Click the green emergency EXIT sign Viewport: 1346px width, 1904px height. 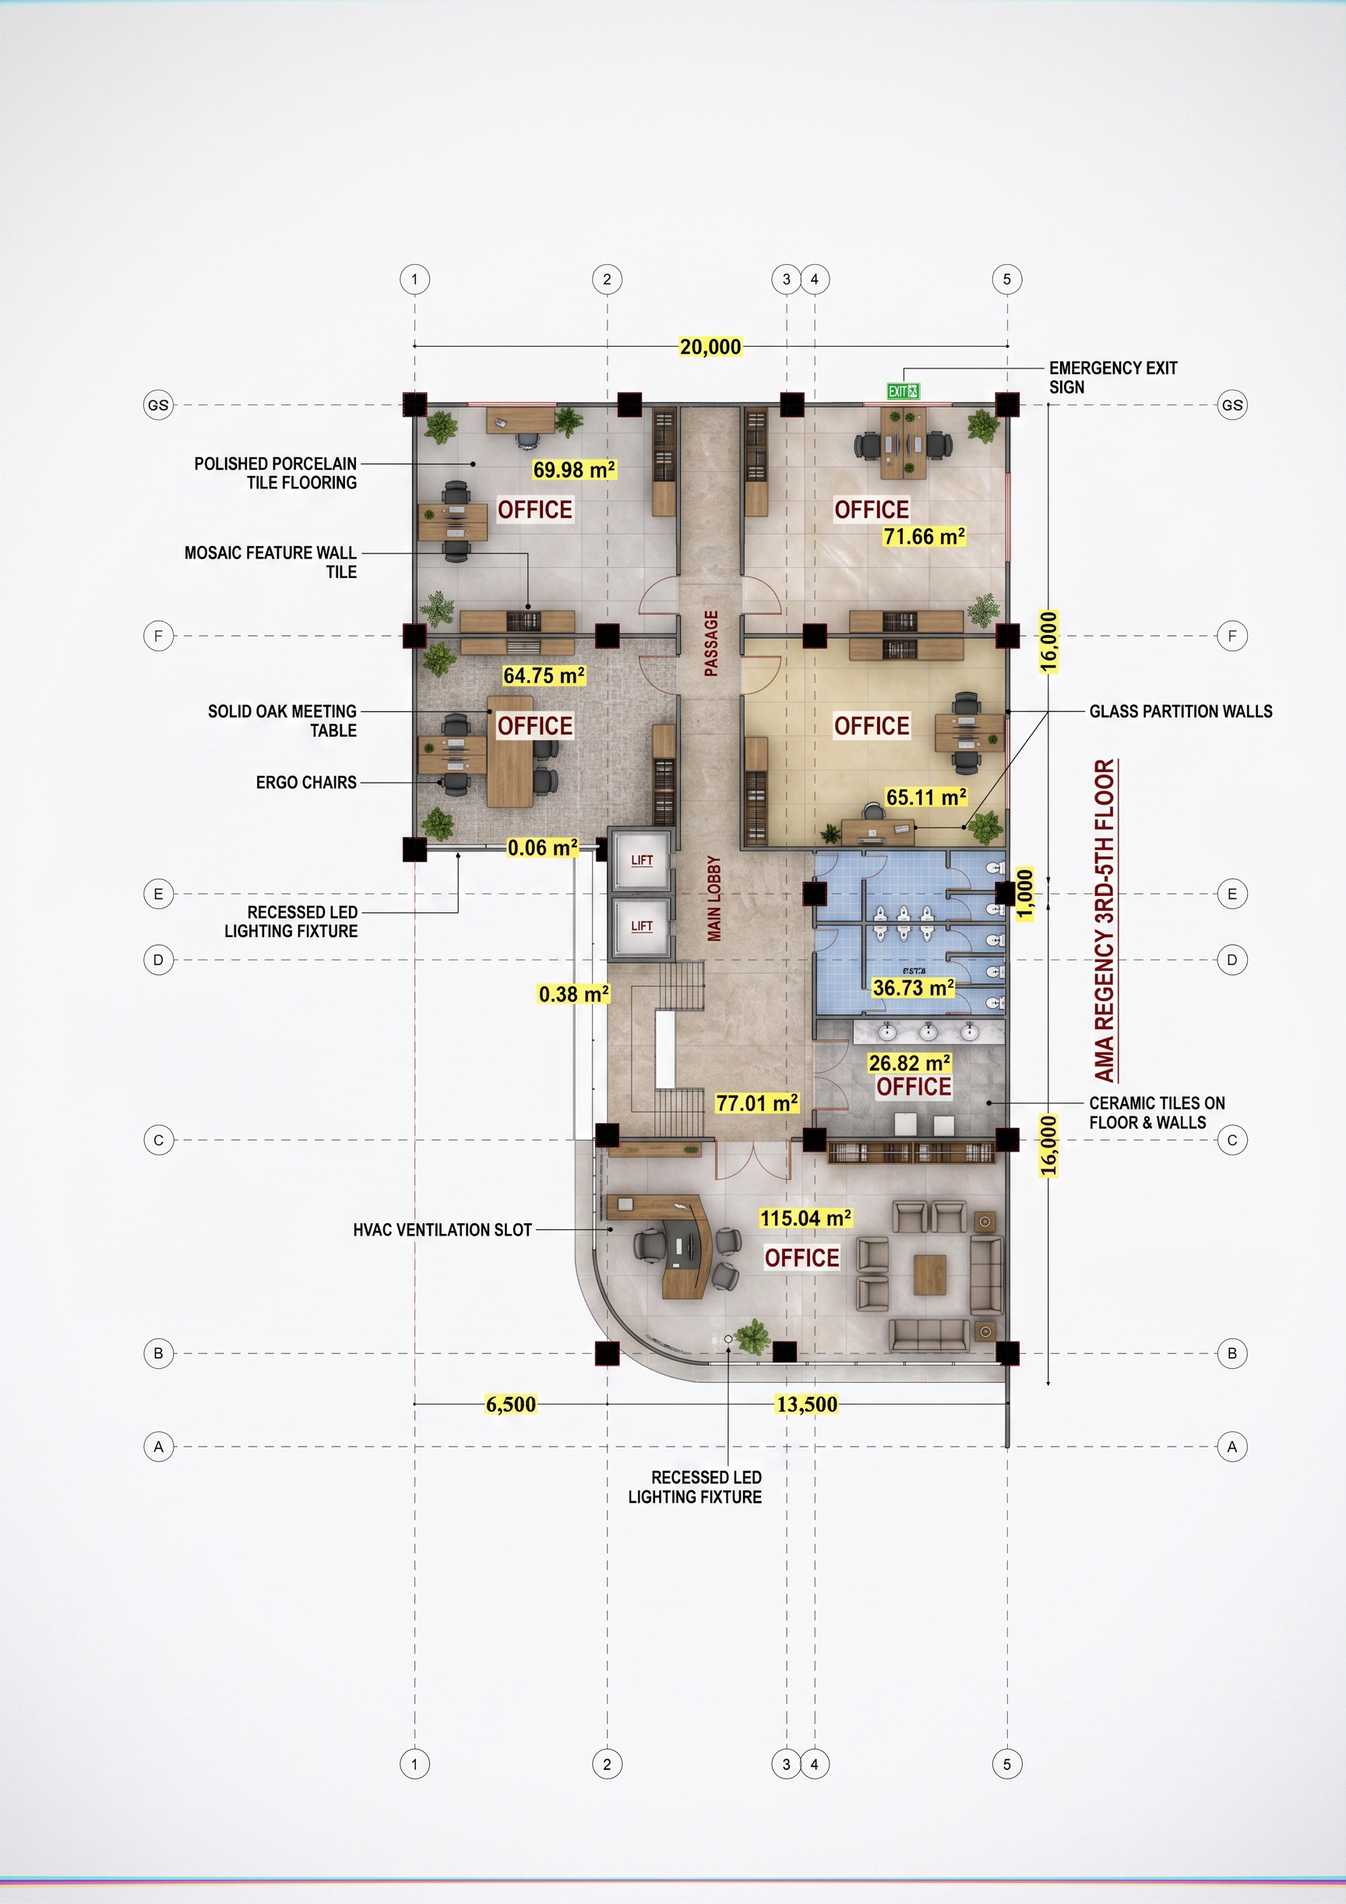pos(902,391)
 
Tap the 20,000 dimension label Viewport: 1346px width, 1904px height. pos(710,347)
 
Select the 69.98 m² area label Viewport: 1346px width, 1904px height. pos(574,469)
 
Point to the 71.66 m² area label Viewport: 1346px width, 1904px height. pos(924,537)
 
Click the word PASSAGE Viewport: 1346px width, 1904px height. pos(710,643)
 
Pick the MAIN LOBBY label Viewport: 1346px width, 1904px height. pos(714,899)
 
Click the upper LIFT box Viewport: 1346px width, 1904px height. pos(641,860)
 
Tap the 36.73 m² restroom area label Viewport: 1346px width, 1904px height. pos(913,988)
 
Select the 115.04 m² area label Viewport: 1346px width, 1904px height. pos(805,1218)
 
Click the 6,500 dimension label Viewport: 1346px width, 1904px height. pos(511,1404)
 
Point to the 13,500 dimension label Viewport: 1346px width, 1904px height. pos(807,1404)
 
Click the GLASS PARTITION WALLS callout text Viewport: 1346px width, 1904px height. pos(1181,711)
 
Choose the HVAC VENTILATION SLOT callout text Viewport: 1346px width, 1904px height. pos(442,1230)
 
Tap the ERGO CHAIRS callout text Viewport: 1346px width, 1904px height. pos(306,782)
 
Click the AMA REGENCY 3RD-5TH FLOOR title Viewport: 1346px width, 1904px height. pos(1105,921)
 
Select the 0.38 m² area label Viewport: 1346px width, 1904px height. pos(574,993)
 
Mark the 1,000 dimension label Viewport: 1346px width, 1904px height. pos(1025,894)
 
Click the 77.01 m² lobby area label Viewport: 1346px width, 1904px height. pos(757,1103)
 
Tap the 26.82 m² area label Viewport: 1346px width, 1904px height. pos(910,1063)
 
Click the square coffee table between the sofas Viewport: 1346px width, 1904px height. pos(930,1275)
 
